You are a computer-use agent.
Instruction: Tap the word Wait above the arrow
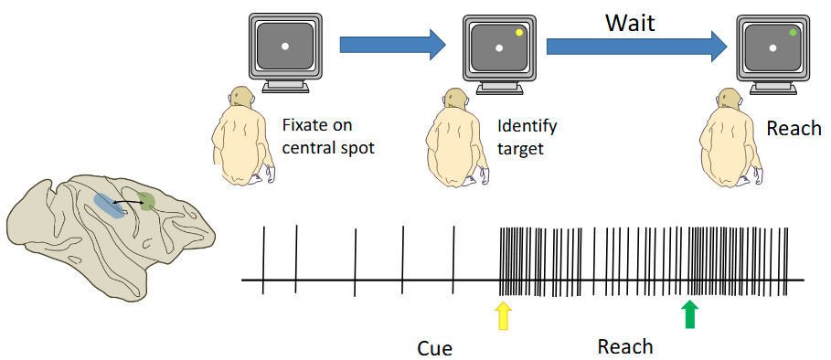630,23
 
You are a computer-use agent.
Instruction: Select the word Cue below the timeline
434,348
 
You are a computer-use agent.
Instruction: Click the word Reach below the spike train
625,346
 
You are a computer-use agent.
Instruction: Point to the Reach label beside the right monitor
794,129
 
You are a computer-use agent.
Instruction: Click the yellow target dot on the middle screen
518,32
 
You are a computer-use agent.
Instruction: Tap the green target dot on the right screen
793,32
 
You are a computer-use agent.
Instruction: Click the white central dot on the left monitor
285,46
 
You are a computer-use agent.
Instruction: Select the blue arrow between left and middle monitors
391,44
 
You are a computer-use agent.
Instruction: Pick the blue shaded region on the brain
109,206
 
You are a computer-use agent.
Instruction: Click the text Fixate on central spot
316,135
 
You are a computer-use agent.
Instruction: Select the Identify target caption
527,136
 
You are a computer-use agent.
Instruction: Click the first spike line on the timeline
263,260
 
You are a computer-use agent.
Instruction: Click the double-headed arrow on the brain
127,202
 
